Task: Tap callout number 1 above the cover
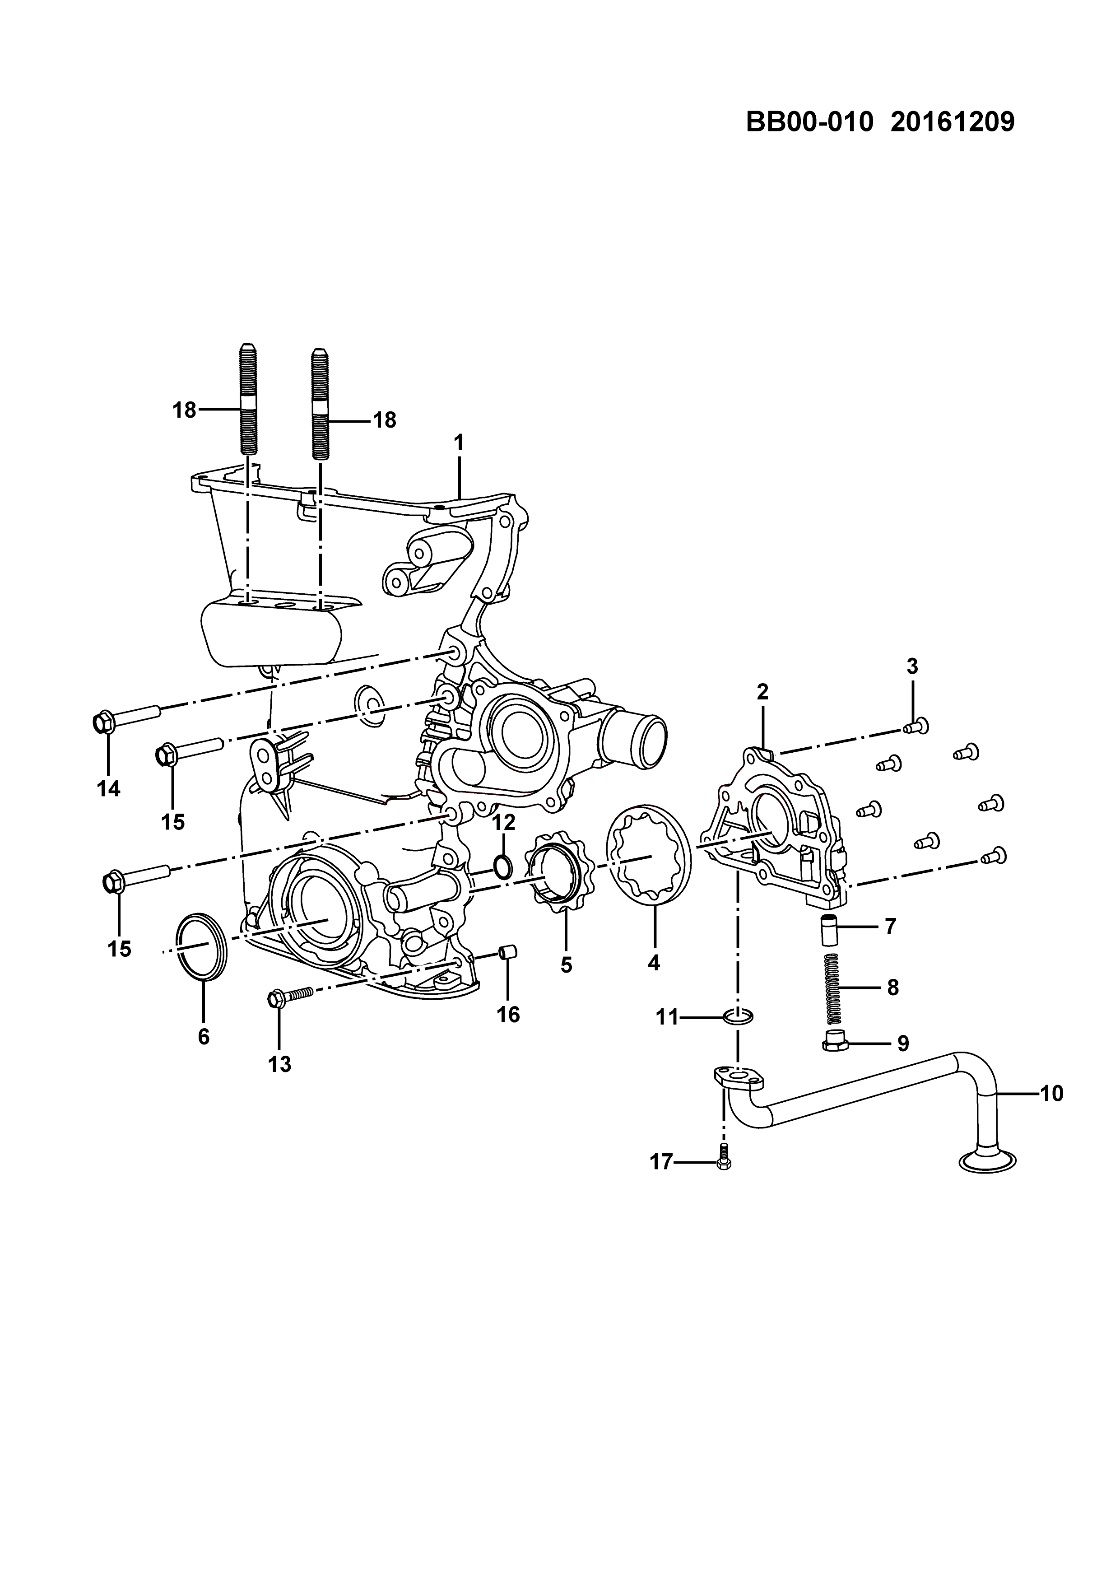(x=459, y=442)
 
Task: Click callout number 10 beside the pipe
(x=1051, y=1094)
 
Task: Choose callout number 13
(x=280, y=1065)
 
